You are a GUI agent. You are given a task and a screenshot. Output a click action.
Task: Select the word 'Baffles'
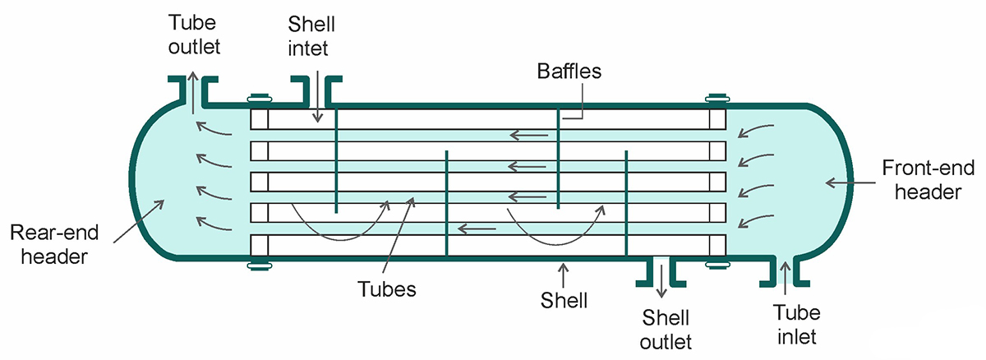pyautogui.click(x=569, y=72)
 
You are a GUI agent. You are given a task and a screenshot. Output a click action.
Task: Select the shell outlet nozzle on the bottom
pyautogui.click(x=660, y=270)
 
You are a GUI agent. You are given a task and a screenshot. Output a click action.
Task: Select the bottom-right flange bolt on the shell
pyautogui.click(x=717, y=265)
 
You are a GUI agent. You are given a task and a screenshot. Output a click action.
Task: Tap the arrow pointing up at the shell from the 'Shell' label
pyautogui.click(x=563, y=272)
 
